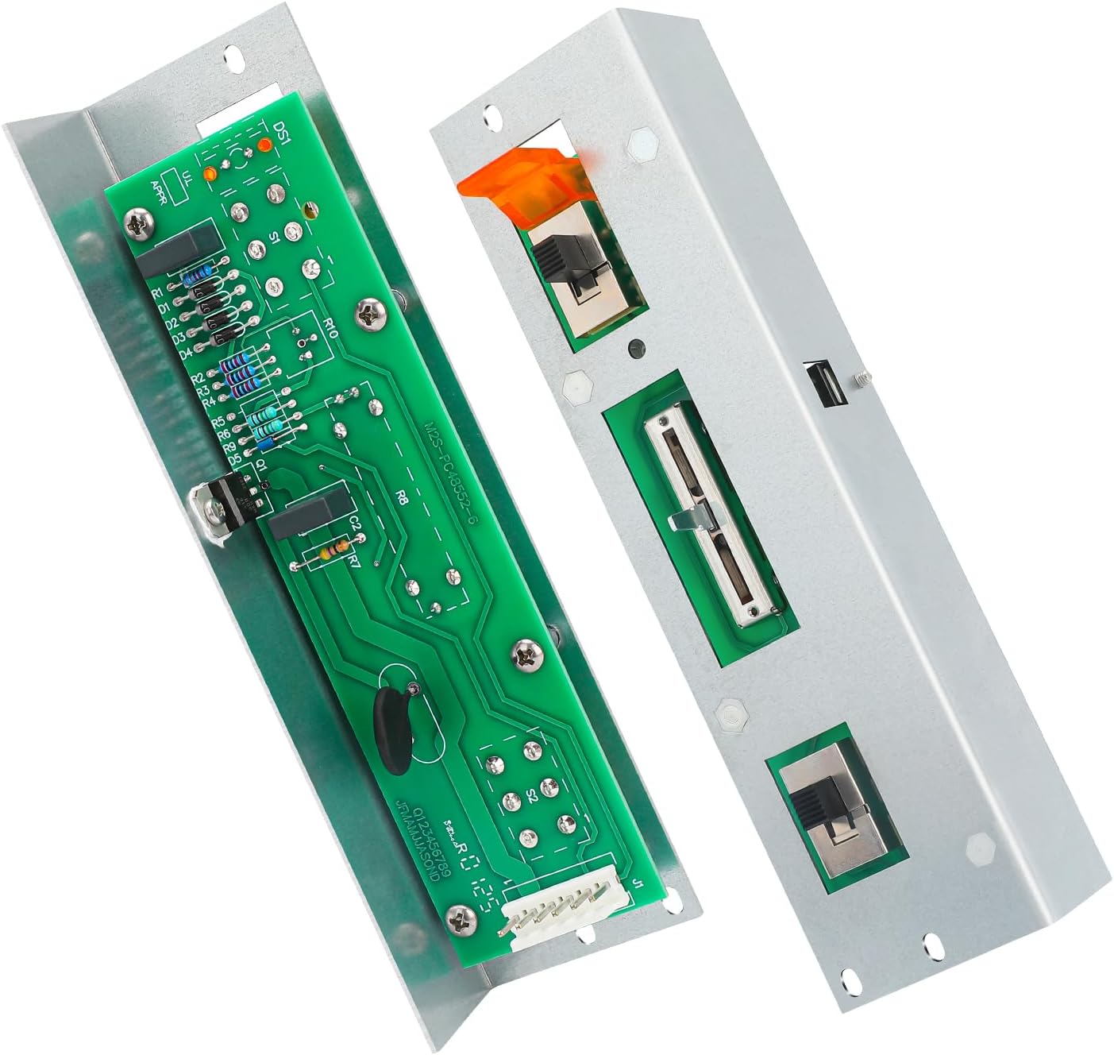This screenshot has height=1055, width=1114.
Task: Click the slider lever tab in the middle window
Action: tap(688, 520)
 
